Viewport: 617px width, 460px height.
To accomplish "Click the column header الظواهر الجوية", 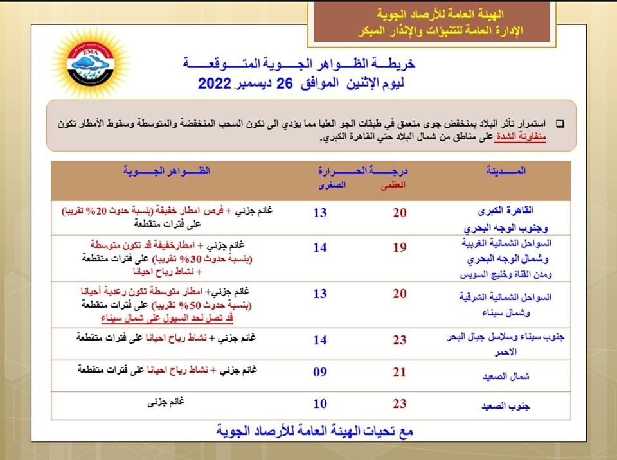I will pos(166,171).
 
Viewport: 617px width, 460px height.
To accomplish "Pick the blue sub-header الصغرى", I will pos(332,185).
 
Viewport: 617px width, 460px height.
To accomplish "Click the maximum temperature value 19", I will pos(400,247).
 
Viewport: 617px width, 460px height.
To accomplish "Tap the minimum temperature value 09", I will pos(320,371).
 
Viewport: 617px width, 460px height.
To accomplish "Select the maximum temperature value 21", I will pos(400,371).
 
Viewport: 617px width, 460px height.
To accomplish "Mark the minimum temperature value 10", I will pos(320,403).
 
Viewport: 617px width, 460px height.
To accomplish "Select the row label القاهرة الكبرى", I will pos(508,211).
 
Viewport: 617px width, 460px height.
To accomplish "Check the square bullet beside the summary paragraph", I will pos(559,123).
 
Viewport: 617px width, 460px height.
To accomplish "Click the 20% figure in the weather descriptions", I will pos(102,211).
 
